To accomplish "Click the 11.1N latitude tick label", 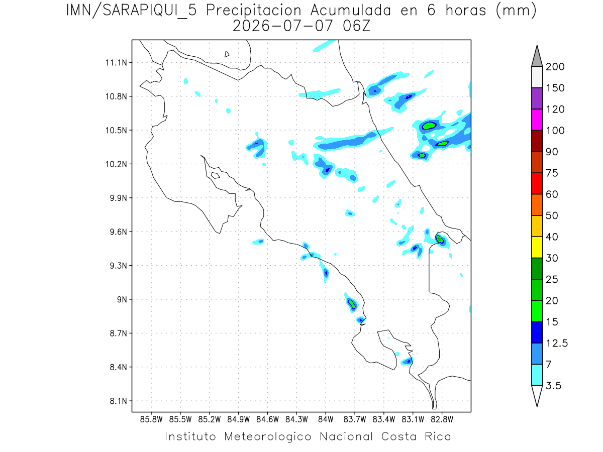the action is [116, 63].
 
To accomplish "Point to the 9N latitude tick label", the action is [122, 299].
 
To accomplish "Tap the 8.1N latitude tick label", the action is [119, 401].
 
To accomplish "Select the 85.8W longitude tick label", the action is [151, 420].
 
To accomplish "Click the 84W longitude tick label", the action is [326, 420].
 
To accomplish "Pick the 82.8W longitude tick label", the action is [442, 420].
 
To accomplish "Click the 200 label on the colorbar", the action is [555, 67].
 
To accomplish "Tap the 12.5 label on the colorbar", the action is [557, 344].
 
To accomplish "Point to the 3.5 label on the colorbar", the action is [553, 386].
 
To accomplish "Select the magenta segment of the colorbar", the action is [537, 120].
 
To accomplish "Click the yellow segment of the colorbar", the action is [537, 247].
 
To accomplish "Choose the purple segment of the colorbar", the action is [537, 98].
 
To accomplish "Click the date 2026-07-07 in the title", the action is [283, 26].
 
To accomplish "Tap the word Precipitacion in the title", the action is [254, 11].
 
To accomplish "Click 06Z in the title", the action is [357, 26].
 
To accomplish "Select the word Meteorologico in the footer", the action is [267, 436].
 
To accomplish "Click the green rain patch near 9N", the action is [352, 304].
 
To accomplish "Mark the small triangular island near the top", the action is [227, 54].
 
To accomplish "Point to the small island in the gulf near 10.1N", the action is [216, 175].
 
